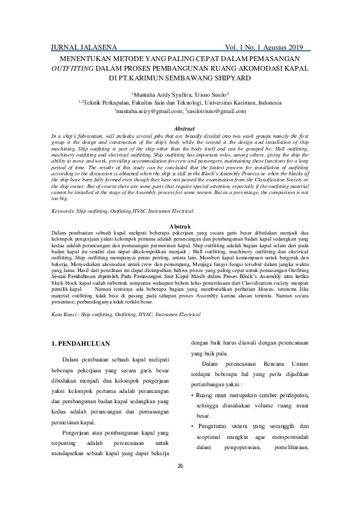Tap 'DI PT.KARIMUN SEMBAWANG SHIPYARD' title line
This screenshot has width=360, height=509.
click(x=180, y=78)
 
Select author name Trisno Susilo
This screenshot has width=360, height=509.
click(x=211, y=94)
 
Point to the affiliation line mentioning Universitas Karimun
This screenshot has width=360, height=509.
click(x=180, y=103)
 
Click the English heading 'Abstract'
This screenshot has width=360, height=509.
click(x=184, y=129)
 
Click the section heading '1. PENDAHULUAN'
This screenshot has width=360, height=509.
click(x=80, y=344)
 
